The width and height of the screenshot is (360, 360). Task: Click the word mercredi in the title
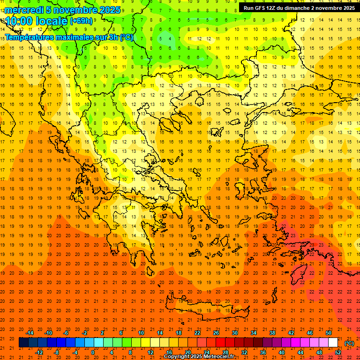coord(24,10)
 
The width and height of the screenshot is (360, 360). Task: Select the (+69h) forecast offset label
coord(81,21)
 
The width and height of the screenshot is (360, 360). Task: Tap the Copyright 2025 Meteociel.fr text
coord(199,356)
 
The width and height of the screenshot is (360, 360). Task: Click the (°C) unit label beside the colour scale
coord(349,343)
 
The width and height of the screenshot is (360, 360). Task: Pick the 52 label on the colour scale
coord(338,352)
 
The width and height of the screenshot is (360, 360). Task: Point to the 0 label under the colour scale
coord(93,352)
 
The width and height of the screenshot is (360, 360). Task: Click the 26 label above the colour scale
coord(216,333)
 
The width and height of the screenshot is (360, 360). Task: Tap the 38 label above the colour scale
coord(272,333)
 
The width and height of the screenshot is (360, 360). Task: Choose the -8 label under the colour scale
coord(57,352)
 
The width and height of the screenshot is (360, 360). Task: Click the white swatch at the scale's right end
coord(333,342)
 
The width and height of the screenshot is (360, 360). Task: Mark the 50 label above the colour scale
coord(329,333)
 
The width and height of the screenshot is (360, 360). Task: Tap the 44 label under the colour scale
coord(300,352)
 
